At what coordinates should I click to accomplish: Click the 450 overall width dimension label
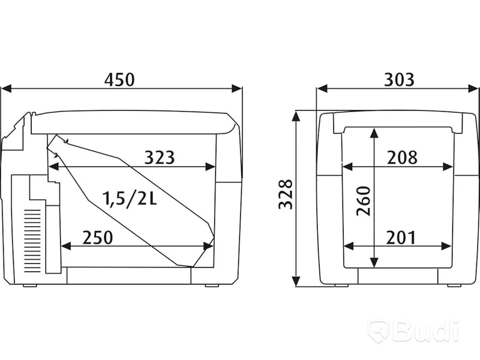tap(119, 79)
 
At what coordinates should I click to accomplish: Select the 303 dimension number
tap(399, 79)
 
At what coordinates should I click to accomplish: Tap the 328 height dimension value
tap(286, 194)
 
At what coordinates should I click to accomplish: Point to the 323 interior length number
tap(159, 157)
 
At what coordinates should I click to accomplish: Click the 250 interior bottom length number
tap(98, 237)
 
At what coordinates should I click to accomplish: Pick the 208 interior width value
tap(402, 157)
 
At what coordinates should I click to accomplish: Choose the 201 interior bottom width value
tap(401, 238)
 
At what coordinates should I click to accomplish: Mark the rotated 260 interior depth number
tap(364, 201)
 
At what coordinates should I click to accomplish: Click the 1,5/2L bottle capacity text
tap(130, 199)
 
